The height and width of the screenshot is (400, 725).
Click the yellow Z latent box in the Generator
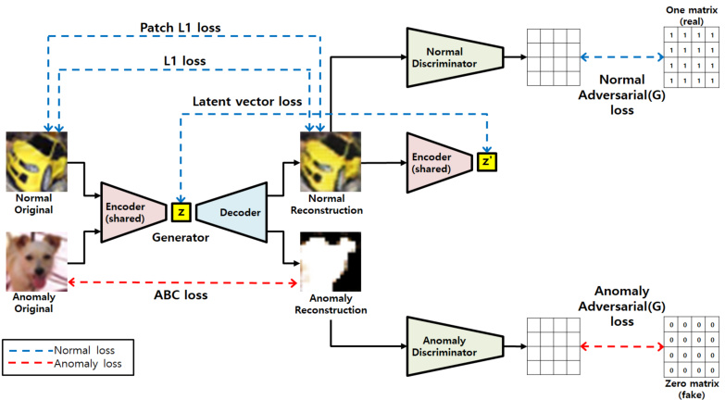[181, 212]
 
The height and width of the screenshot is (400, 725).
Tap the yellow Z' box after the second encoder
[486, 161]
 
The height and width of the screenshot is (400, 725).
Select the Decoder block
[231, 212]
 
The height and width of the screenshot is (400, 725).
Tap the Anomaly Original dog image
[37, 262]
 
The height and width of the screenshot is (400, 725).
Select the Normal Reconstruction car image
[330, 163]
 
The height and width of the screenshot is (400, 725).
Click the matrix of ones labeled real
[687, 58]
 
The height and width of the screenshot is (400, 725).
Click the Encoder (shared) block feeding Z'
[436, 163]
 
